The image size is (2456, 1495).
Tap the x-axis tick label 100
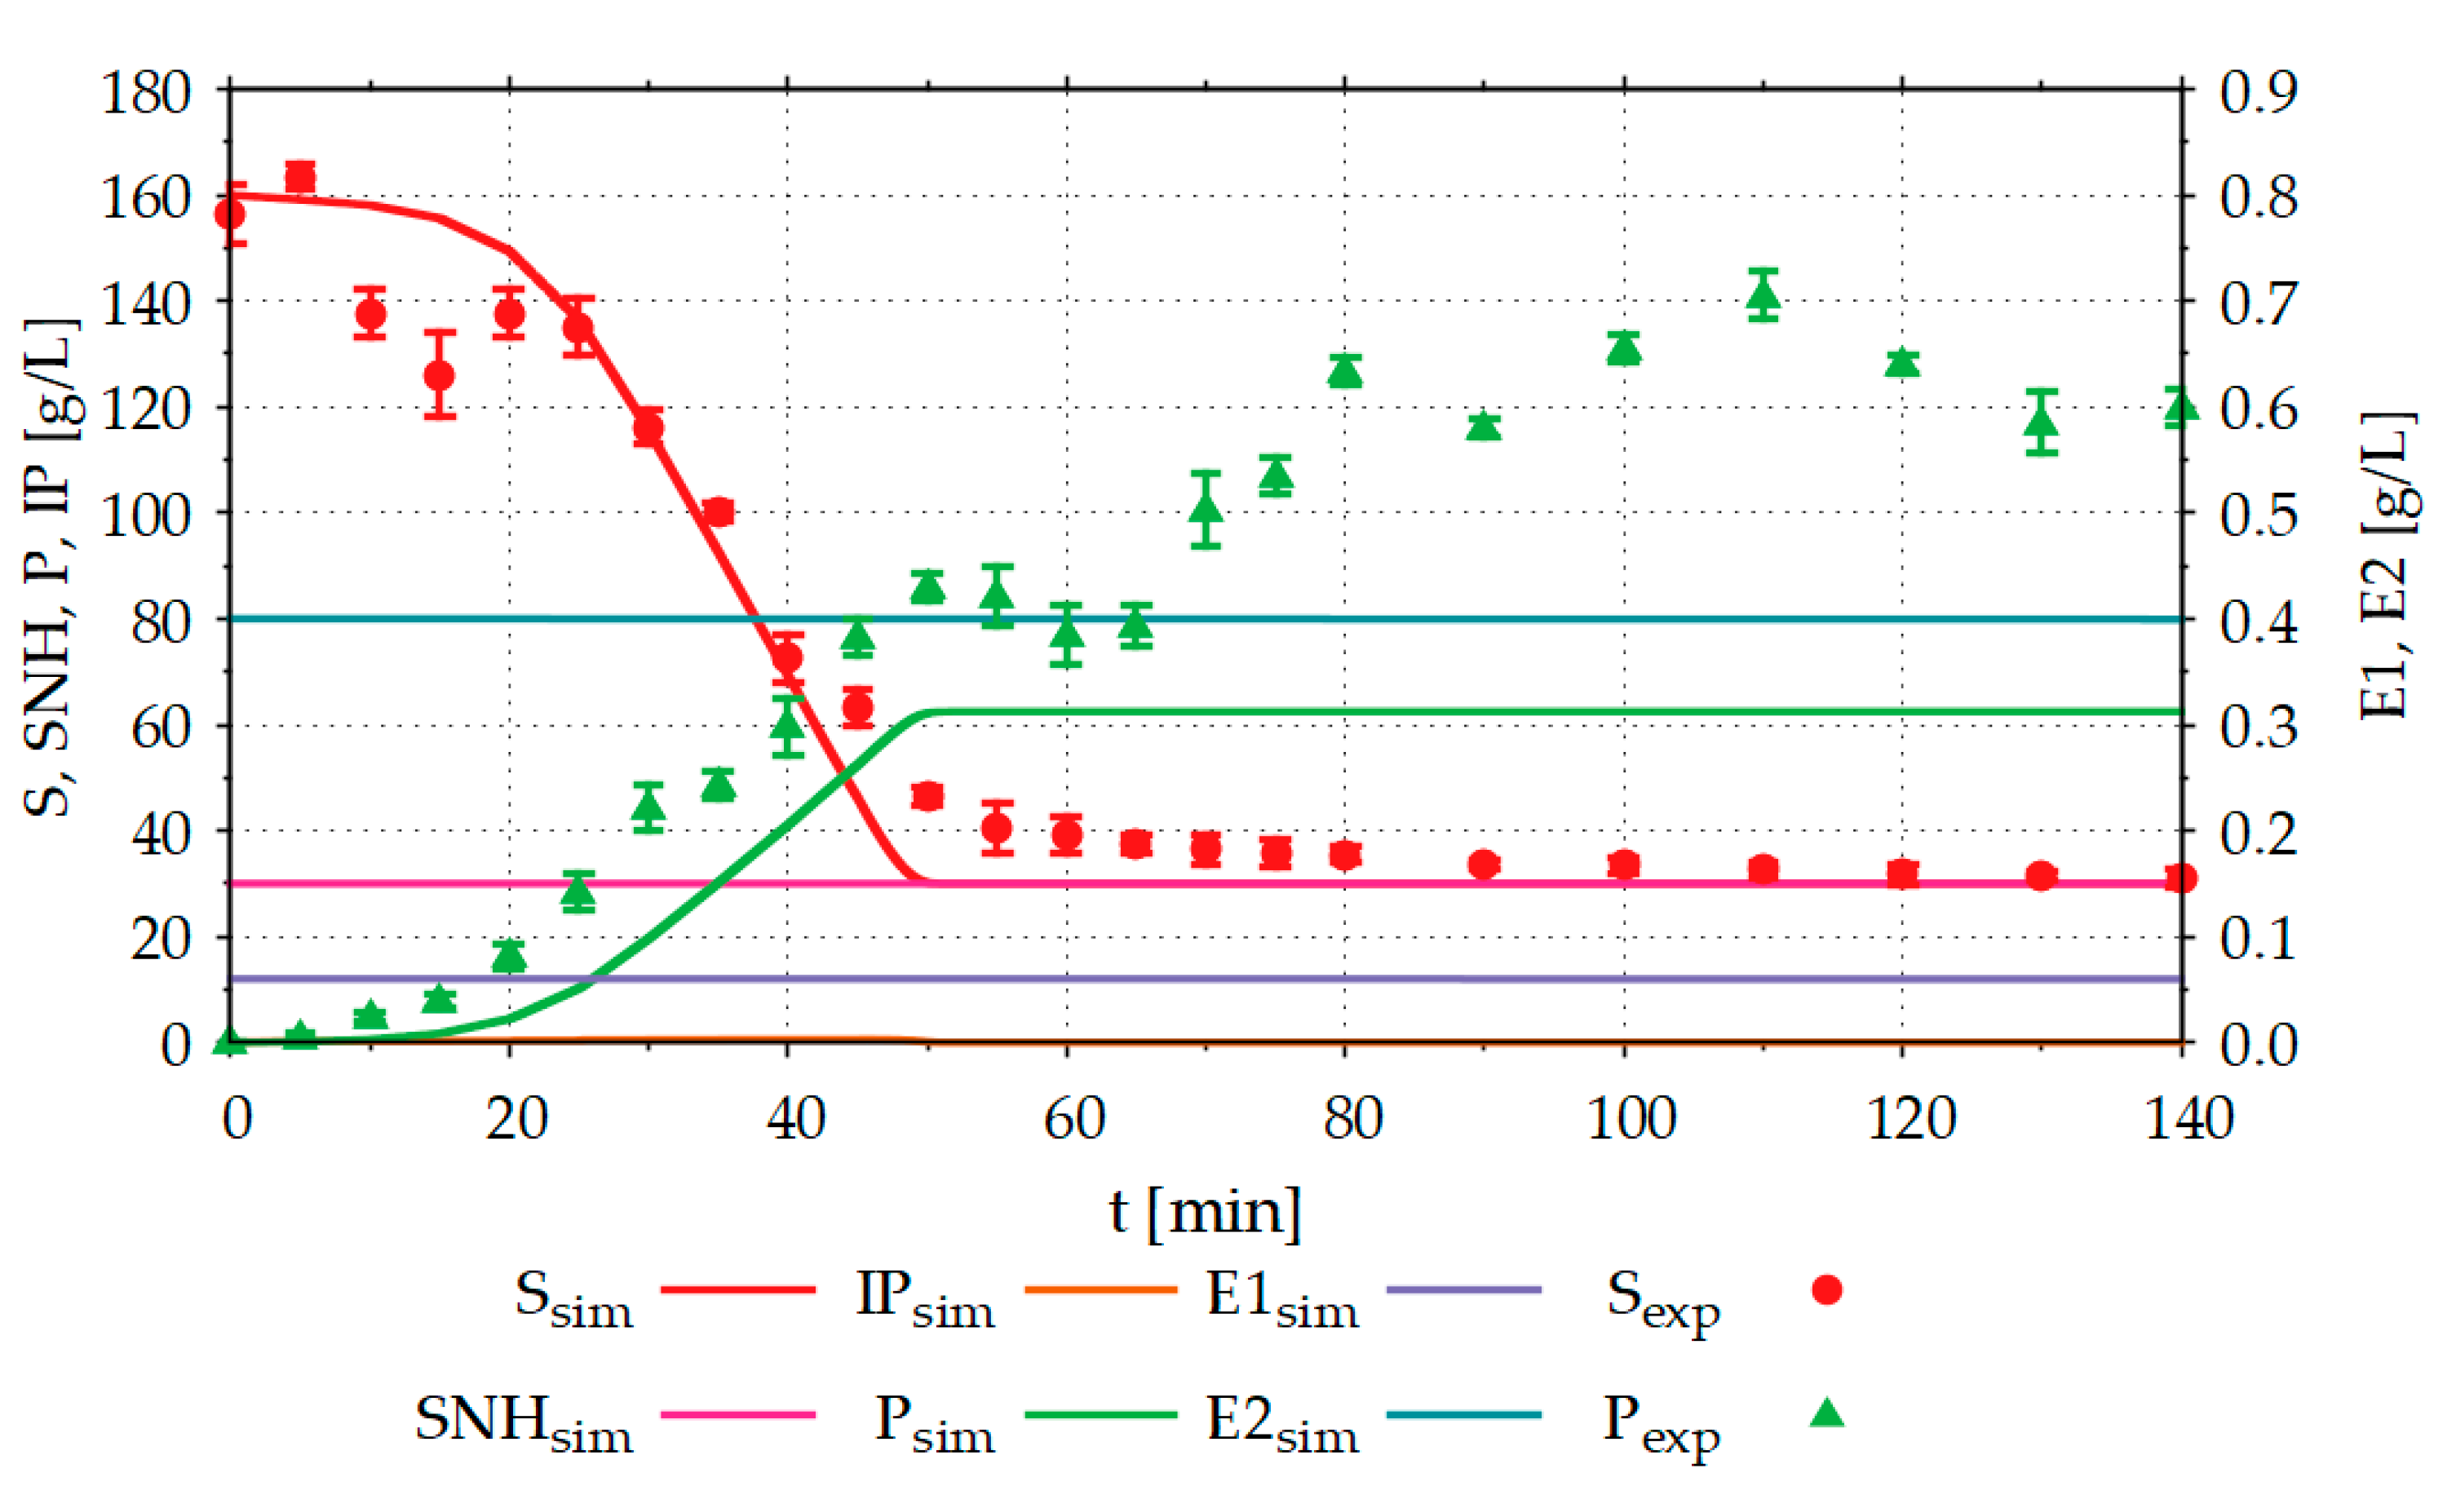point(1630,1118)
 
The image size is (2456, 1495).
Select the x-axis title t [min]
point(1205,1212)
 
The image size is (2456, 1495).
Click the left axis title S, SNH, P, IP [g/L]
point(50,568)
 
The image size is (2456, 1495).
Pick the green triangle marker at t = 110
point(1763,296)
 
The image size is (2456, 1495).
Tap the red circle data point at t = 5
point(300,179)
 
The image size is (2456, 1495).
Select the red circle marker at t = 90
point(1485,864)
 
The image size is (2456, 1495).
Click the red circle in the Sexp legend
point(1826,1289)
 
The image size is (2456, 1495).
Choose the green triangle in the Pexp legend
point(1826,1414)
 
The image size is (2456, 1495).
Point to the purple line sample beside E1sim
point(1463,1289)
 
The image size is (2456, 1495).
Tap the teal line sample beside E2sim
point(1463,1414)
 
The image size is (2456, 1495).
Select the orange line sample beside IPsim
point(1100,1289)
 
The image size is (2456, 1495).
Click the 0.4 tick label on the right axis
point(2257,622)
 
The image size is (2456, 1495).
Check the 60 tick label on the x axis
point(1073,1118)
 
